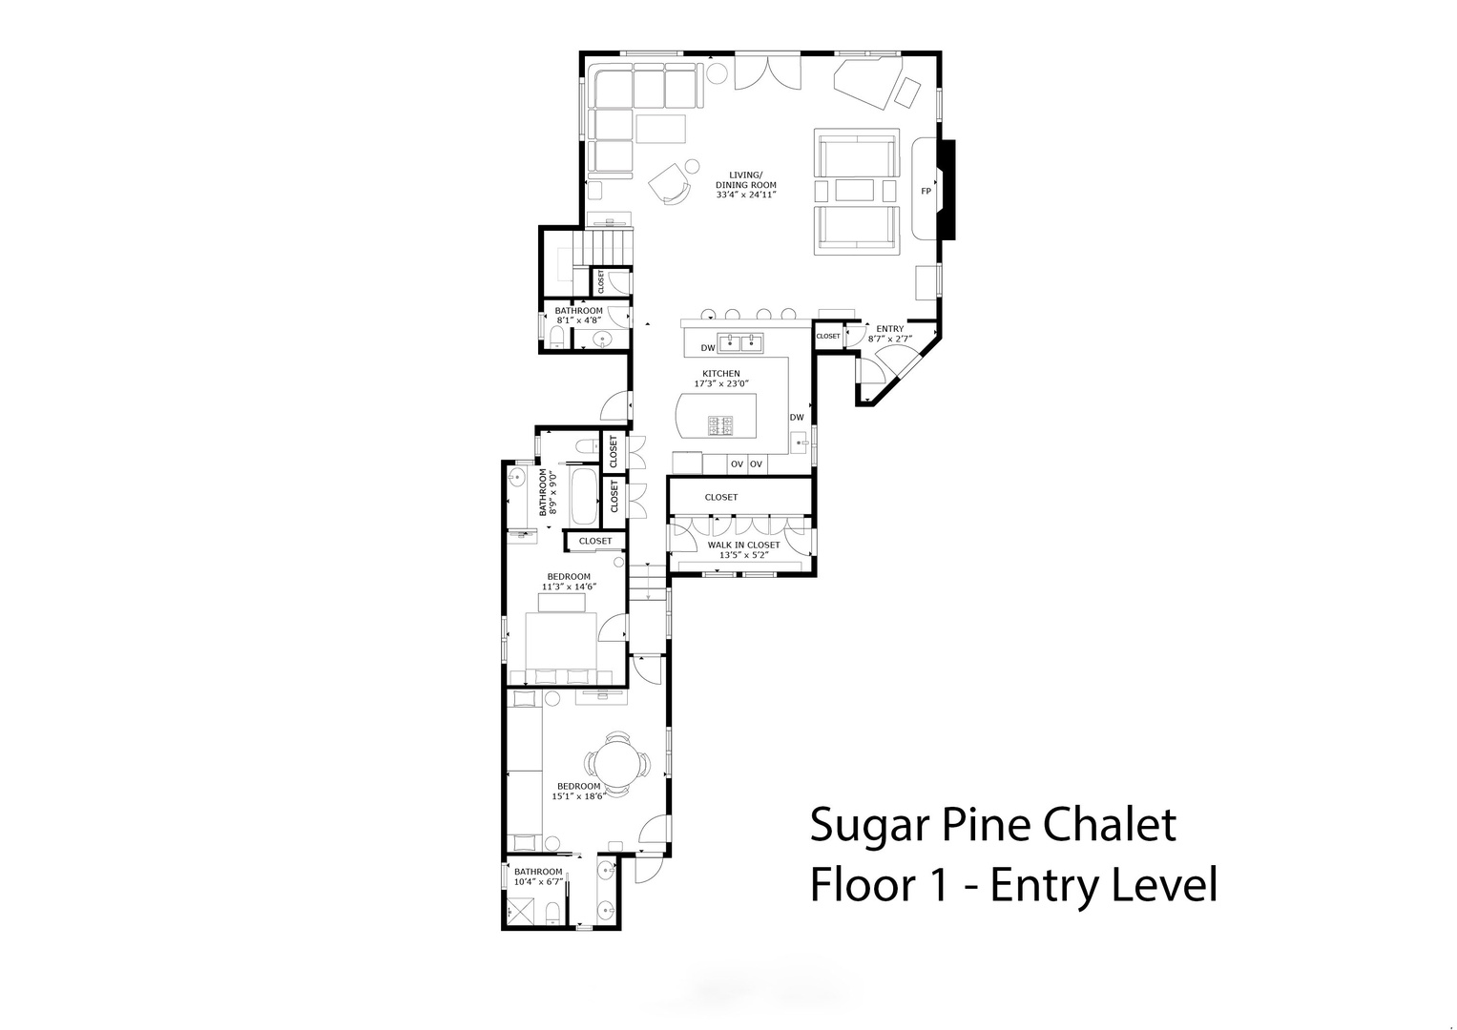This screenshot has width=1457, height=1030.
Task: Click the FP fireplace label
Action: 926,191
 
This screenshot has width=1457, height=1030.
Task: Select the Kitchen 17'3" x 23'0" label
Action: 721,379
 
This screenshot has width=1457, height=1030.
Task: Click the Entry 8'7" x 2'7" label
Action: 890,334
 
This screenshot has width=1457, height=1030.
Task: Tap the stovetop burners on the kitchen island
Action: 720,425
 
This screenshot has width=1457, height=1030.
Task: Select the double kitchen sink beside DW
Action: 740,341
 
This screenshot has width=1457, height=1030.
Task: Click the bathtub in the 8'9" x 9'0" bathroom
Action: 584,497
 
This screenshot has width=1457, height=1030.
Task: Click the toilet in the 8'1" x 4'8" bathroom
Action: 557,336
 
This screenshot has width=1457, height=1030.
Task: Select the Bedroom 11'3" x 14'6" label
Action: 569,582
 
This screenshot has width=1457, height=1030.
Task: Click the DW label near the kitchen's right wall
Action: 797,418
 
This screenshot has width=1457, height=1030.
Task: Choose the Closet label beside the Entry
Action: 828,336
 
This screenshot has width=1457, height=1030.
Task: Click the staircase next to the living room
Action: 602,246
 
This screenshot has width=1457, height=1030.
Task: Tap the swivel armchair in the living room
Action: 669,183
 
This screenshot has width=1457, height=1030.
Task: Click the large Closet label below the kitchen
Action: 721,498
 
